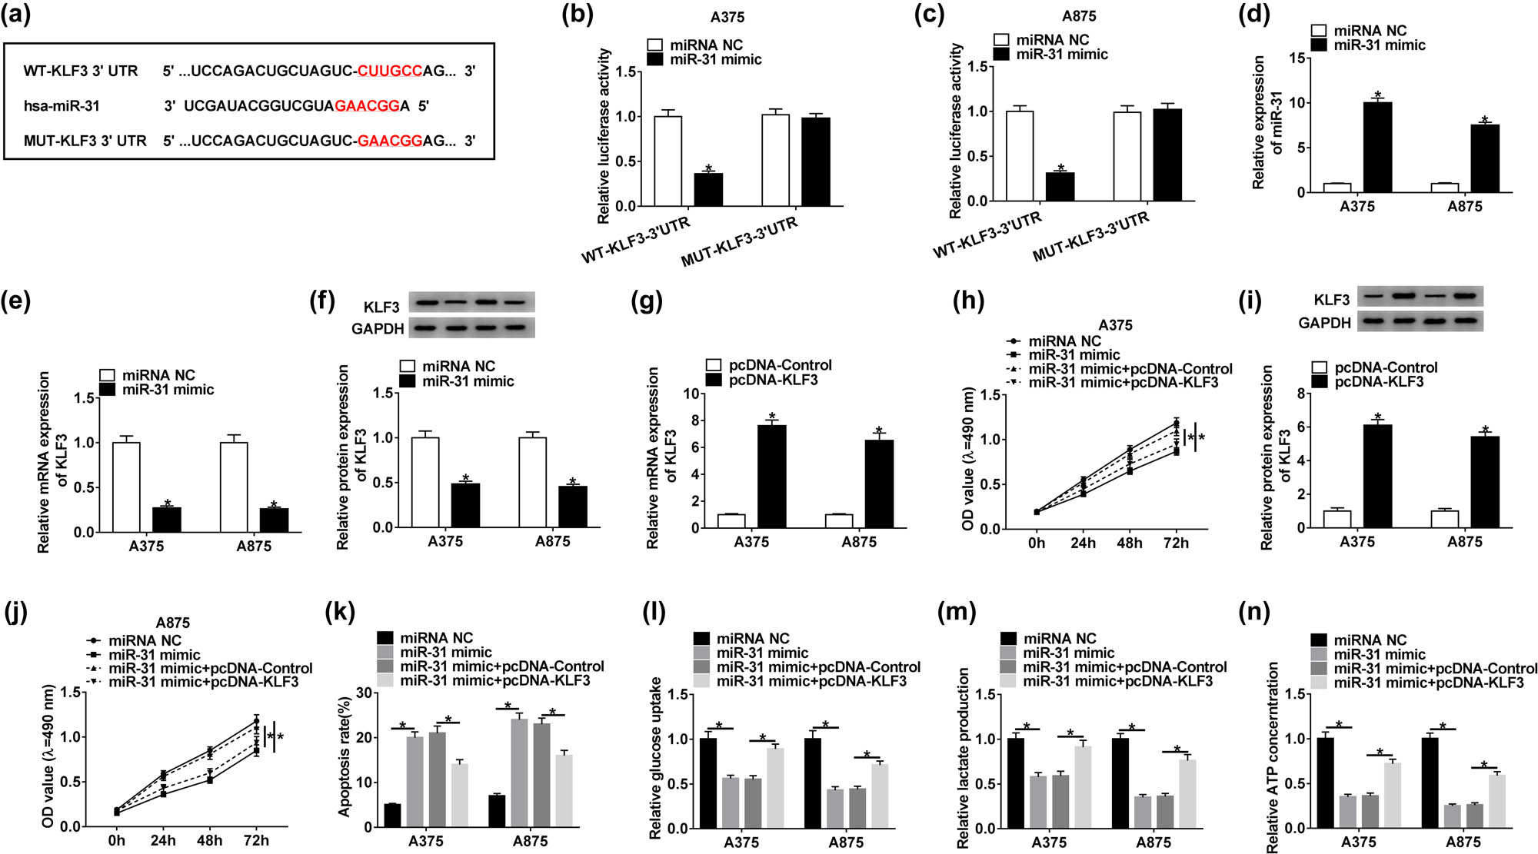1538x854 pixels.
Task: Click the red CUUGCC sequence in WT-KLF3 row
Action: (x=389, y=71)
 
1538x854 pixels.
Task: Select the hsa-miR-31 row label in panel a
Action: (x=62, y=105)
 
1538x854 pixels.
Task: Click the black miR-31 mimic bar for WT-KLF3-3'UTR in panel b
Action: (x=708, y=190)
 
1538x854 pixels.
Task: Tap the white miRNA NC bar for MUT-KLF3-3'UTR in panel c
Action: (x=1127, y=156)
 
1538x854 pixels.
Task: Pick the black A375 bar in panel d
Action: (x=1377, y=147)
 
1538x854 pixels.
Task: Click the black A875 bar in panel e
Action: (x=274, y=520)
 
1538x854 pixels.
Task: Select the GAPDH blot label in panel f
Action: (x=378, y=329)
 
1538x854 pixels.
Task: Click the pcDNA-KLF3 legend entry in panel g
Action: (x=773, y=380)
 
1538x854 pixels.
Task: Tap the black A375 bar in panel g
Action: (x=771, y=477)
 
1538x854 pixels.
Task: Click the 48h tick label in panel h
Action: (x=1129, y=543)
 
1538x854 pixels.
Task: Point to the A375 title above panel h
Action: (x=1115, y=325)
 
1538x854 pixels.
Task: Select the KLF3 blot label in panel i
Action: (x=1331, y=300)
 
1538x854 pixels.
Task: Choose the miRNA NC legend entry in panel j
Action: (x=145, y=640)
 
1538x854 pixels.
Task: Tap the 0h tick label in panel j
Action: (x=116, y=840)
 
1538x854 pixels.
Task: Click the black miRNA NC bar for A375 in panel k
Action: (x=392, y=816)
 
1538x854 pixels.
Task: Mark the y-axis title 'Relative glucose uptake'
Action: (x=655, y=758)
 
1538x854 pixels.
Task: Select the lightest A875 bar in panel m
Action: (x=1187, y=794)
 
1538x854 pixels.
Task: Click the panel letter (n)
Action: (x=1254, y=612)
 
